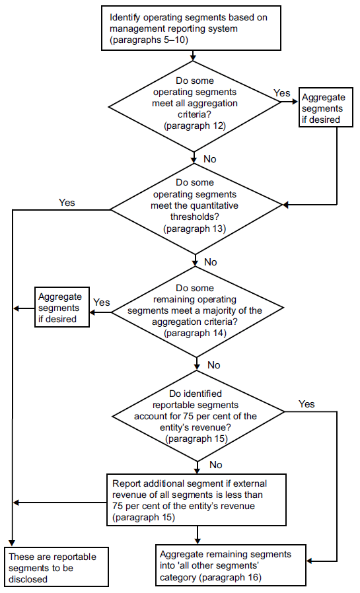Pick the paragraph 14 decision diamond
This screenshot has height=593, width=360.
click(196, 311)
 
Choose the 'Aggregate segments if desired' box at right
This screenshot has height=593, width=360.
click(322, 108)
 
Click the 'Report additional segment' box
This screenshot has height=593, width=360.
click(196, 499)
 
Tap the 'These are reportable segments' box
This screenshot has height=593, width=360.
click(57, 566)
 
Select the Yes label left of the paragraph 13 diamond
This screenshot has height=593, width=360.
click(67, 203)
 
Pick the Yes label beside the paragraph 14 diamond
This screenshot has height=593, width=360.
click(102, 302)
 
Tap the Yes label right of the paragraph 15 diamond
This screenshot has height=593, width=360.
click(306, 403)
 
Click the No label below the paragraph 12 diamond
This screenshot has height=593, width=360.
click(210, 159)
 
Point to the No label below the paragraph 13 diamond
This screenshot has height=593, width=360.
click(210, 262)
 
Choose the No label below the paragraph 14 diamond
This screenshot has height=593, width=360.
click(213, 365)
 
